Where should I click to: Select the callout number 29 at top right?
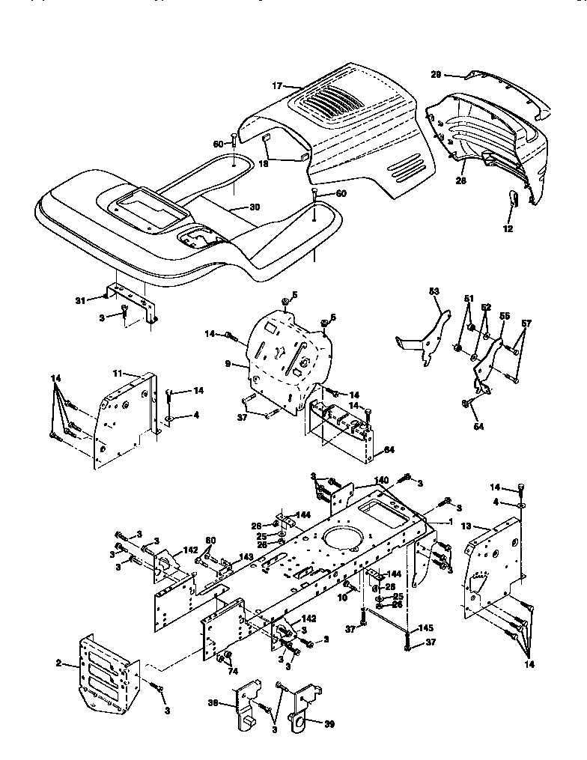click(x=436, y=73)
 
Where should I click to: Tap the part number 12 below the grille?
click(x=508, y=229)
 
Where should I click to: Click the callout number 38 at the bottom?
click(x=213, y=705)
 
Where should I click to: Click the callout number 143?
click(x=246, y=556)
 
